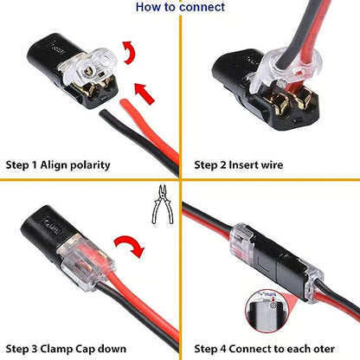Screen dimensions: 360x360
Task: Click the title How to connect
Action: pyautogui.click(x=179, y=8)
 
